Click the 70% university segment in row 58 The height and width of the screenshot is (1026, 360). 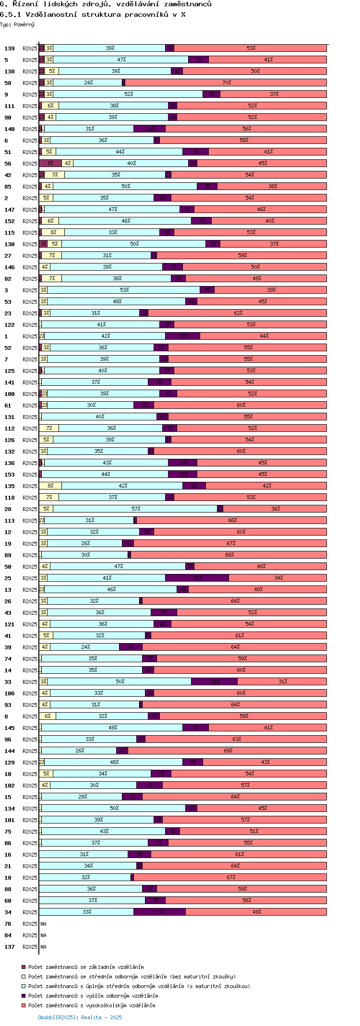tap(226, 83)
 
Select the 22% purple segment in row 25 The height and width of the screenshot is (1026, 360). tap(197, 578)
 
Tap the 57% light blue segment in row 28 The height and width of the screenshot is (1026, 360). tap(135, 509)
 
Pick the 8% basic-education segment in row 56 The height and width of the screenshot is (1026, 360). tap(50, 163)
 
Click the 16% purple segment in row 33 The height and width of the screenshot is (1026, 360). tap(215, 681)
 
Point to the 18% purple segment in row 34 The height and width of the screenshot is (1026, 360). tap(160, 912)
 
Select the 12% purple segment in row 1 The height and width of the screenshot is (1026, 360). tap(183, 336)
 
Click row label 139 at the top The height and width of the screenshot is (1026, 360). tap(10, 48)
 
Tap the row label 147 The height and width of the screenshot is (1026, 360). tap(10, 210)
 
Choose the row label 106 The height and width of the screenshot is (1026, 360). tap(10, 693)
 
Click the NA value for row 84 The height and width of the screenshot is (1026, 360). tap(43, 935)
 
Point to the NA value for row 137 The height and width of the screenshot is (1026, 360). tap(43, 947)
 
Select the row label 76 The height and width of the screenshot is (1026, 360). tap(8, 924)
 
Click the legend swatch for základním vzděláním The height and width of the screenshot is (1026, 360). tap(24, 967)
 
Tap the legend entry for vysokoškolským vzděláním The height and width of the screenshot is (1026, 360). tap(91, 1005)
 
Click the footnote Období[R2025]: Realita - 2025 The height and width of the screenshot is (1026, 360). tap(80, 1017)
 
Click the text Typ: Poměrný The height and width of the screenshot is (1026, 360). tap(17, 24)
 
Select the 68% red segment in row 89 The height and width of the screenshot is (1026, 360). tap(229, 555)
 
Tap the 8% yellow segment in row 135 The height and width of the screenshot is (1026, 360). tap(50, 486)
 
